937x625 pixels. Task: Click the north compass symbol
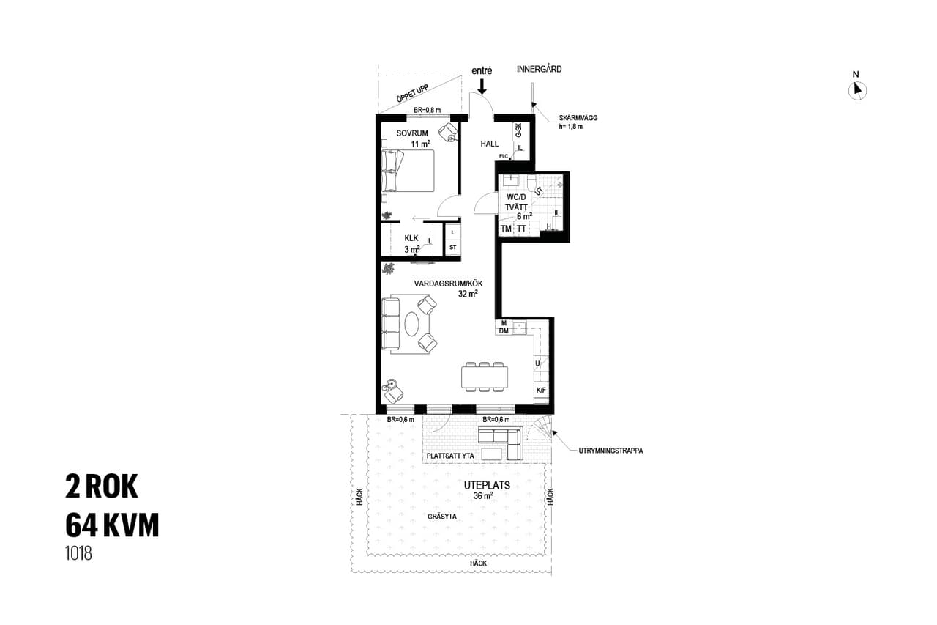[x=857, y=90]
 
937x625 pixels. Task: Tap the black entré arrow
[x=482, y=86]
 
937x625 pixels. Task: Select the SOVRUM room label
[x=412, y=133]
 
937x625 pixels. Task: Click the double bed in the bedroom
[x=408, y=171]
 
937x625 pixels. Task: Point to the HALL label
[x=490, y=144]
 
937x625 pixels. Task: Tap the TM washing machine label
[x=506, y=229]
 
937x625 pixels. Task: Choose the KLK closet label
[x=411, y=238]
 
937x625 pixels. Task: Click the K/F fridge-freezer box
[x=541, y=390]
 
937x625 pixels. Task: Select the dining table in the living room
[x=485, y=377]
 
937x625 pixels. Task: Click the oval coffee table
[x=412, y=324]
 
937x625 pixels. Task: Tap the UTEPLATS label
[x=487, y=486]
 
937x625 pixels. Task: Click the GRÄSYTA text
[x=442, y=517]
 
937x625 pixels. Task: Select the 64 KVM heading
[x=112, y=525]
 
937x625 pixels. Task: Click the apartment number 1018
[x=78, y=553]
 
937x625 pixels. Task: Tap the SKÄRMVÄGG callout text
[x=578, y=118]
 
